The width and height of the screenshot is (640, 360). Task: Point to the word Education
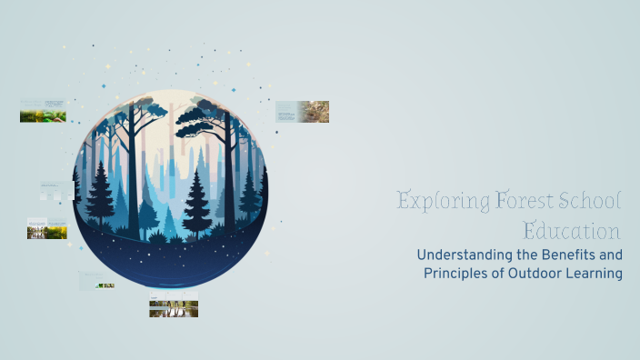[x=572, y=229]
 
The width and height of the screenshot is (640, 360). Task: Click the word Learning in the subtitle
[x=591, y=273]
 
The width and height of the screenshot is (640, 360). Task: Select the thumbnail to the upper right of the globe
[x=302, y=112]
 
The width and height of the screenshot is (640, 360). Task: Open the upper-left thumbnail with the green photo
[x=43, y=111]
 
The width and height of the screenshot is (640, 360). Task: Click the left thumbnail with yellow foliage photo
[x=47, y=228]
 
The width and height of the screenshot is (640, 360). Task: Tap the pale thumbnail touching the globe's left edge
[x=55, y=192]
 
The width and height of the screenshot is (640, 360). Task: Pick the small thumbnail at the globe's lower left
[x=96, y=281]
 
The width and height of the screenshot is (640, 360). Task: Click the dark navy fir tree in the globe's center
[x=196, y=204]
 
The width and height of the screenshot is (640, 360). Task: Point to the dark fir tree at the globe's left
[x=100, y=195]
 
